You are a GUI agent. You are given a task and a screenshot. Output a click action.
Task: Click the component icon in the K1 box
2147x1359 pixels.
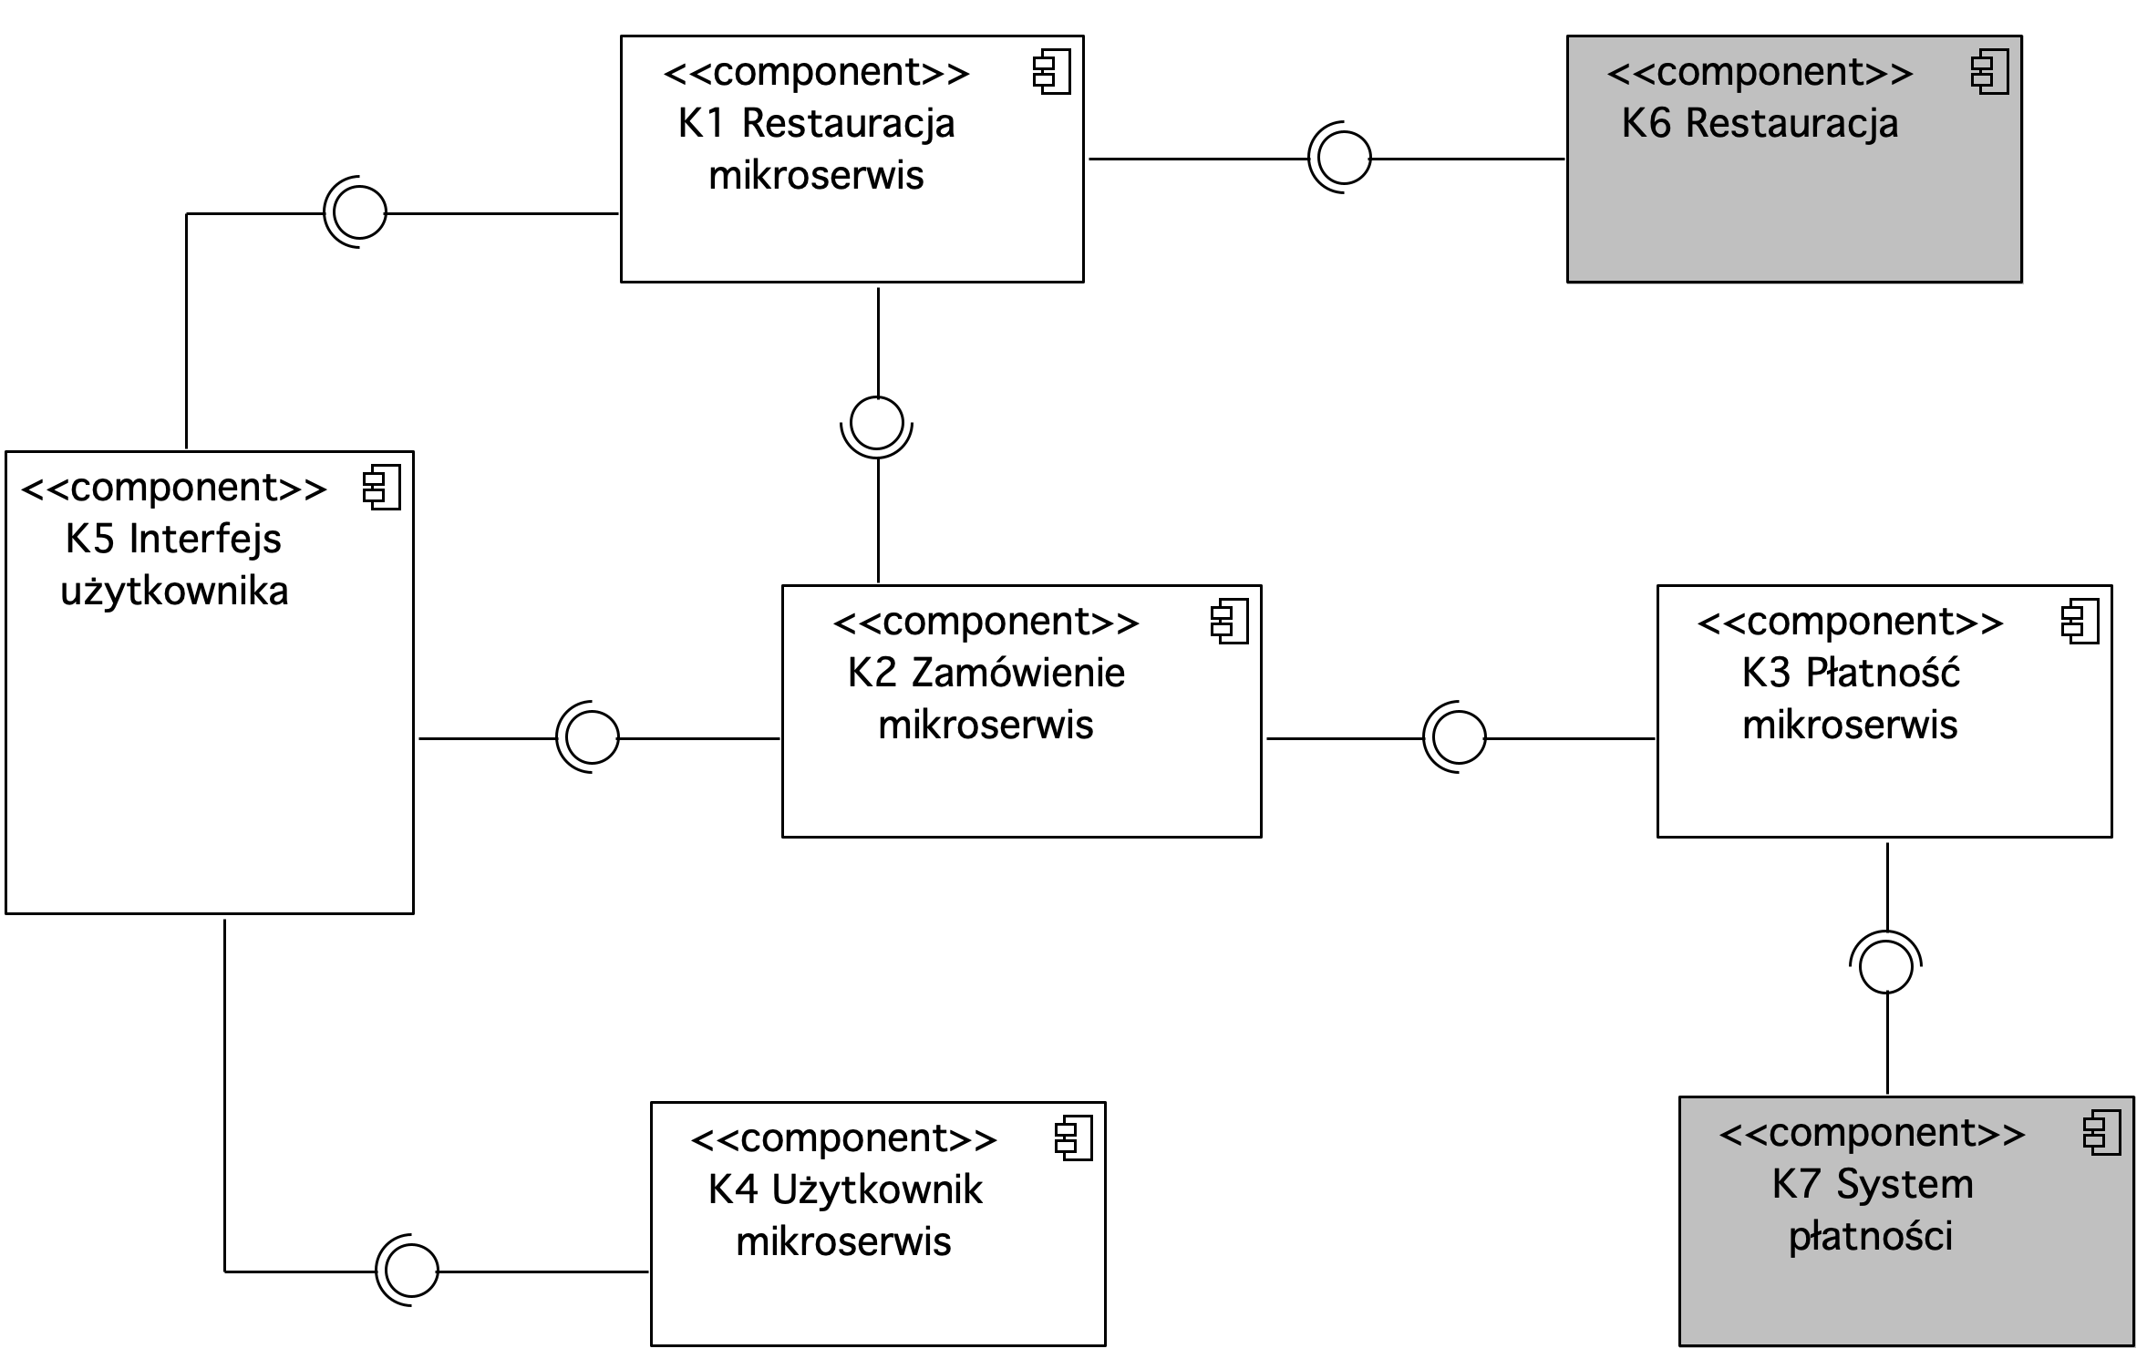[1052, 74]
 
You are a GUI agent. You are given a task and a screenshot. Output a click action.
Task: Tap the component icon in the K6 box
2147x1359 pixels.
[1990, 74]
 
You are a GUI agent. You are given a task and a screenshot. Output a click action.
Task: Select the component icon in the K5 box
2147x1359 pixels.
[382, 488]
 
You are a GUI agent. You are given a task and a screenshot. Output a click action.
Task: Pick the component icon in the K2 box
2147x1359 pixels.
[1230, 623]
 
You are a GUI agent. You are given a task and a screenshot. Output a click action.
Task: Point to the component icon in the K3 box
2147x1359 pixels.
[2080, 623]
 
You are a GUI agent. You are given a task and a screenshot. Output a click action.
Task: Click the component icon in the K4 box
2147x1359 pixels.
[1074, 1138]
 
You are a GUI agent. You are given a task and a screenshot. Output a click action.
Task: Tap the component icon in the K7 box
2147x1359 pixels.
[2103, 1133]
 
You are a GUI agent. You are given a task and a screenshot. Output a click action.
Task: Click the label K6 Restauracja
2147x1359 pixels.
[1760, 124]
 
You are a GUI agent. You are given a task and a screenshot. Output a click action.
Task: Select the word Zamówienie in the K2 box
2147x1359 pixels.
[1018, 673]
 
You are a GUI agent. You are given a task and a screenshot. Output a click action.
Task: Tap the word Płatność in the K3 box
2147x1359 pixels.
[1883, 673]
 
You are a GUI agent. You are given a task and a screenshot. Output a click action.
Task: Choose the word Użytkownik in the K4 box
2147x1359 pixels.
[877, 1189]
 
